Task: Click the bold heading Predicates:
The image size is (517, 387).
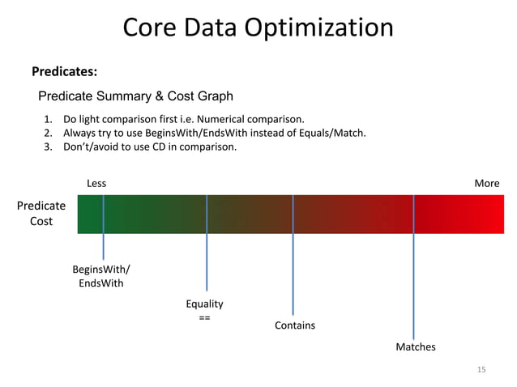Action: pos(64,72)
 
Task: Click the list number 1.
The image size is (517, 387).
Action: pos(48,118)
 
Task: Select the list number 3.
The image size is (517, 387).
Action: pos(48,147)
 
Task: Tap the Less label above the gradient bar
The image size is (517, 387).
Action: pos(96,183)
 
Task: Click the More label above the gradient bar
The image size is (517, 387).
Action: pos(486,183)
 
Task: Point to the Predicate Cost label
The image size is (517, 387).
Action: pos(41,214)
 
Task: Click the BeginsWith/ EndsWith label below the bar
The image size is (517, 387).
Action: pos(101,276)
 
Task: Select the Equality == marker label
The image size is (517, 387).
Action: pos(204,311)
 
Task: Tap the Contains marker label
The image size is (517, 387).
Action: pos(295,325)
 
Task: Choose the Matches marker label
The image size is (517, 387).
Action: pos(415,347)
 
